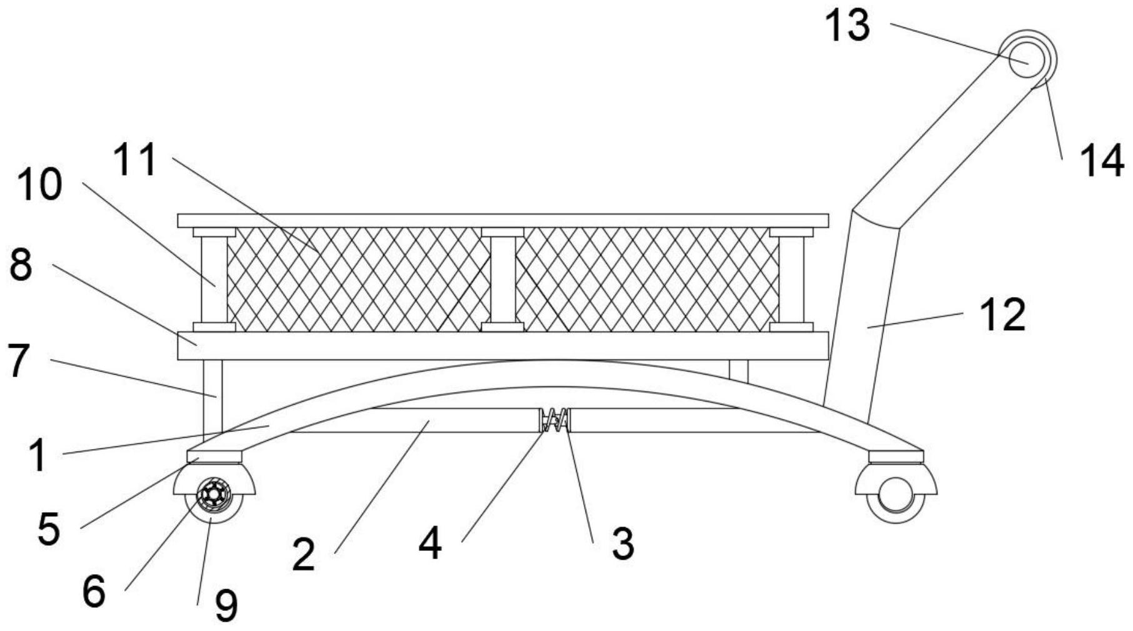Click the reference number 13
point(847,26)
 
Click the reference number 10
point(39,185)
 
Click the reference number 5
point(48,529)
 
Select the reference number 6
point(94,591)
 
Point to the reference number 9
point(226,605)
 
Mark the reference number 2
point(303,554)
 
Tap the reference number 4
point(431,543)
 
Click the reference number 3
point(622,543)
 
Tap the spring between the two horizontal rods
point(554,420)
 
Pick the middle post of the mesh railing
point(503,280)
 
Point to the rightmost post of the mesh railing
point(791,280)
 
